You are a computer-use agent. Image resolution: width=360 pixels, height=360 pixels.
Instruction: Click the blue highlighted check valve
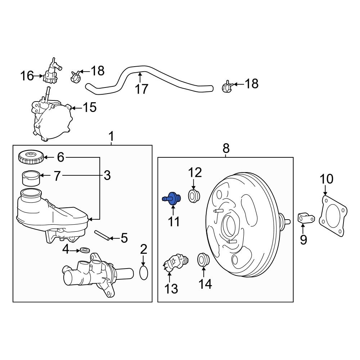click(x=172, y=198)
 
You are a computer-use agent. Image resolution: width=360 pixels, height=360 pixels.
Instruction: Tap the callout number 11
click(x=174, y=221)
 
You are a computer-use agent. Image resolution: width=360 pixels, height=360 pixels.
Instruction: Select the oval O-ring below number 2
click(x=144, y=273)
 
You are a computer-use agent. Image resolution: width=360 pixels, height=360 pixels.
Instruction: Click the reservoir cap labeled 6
click(x=31, y=157)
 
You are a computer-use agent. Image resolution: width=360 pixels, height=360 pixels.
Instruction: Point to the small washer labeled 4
click(x=85, y=250)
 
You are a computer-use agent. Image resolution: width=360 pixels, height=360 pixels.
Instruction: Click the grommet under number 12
click(x=194, y=196)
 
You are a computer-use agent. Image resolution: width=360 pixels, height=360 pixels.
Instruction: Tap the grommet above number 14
click(x=203, y=260)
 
